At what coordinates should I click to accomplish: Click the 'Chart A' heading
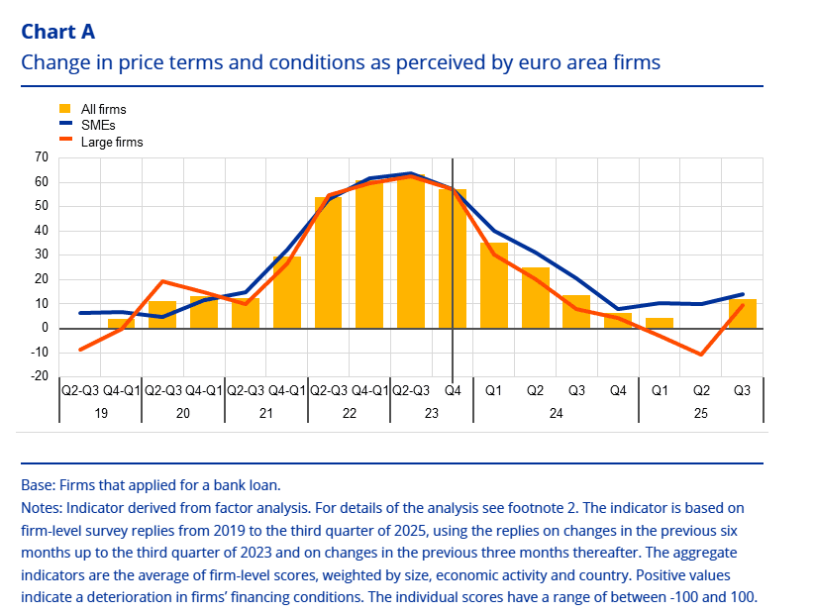pyautogui.click(x=58, y=32)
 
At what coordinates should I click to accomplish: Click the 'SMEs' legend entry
pyautogui.click(x=97, y=126)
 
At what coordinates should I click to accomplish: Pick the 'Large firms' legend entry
pyautogui.click(x=111, y=142)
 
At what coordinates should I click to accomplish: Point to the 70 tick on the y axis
pyautogui.click(x=42, y=158)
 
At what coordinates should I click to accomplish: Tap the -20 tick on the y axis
pyautogui.click(x=40, y=376)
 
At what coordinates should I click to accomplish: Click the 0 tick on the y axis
pyautogui.click(x=45, y=328)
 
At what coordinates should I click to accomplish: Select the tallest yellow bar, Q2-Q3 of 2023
pyautogui.click(x=411, y=252)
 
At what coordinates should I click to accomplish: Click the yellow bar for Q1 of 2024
pyautogui.click(x=494, y=285)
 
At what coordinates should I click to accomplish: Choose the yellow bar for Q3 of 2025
pyautogui.click(x=743, y=313)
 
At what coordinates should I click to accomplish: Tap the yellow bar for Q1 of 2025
pyautogui.click(x=660, y=323)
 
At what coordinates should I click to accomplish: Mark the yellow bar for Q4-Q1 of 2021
pyautogui.click(x=287, y=292)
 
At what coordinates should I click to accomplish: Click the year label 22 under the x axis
pyautogui.click(x=350, y=412)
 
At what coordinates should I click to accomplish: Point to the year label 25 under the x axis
pyautogui.click(x=701, y=412)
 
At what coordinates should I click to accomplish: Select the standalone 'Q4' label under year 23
pyautogui.click(x=453, y=390)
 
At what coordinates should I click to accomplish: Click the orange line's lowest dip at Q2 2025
pyautogui.click(x=701, y=354)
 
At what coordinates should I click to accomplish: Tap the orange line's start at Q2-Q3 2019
pyautogui.click(x=80, y=350)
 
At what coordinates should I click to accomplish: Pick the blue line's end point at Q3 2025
pyautogui.click(x=743, y=294)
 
